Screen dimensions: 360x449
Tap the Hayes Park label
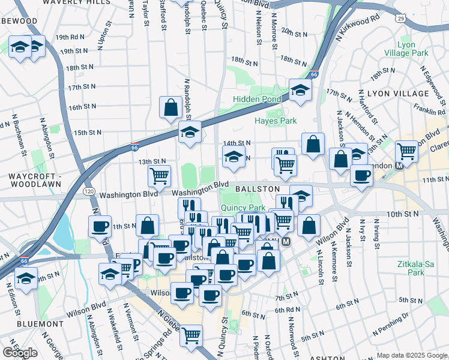point(276,121)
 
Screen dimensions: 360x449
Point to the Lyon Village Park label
point(413,49)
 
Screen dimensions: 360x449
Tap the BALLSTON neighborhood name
point(258,189)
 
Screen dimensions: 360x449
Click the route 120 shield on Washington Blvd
point(88,191)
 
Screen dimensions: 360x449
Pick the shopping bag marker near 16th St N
point(171,107)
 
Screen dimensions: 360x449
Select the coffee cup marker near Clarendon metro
point(361,175)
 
